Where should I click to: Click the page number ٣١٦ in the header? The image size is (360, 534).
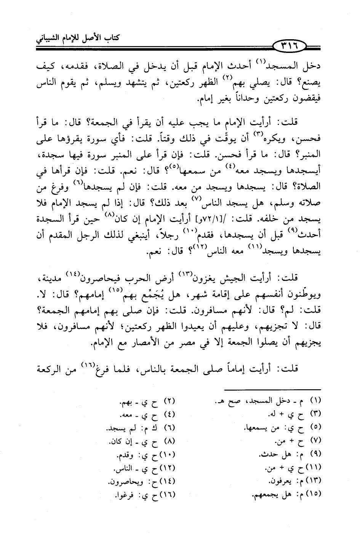point(291,46)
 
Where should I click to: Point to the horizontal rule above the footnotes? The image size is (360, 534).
point(272,390)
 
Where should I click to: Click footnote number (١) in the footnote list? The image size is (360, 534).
point(316,401)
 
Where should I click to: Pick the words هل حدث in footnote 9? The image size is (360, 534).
point(276,455)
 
